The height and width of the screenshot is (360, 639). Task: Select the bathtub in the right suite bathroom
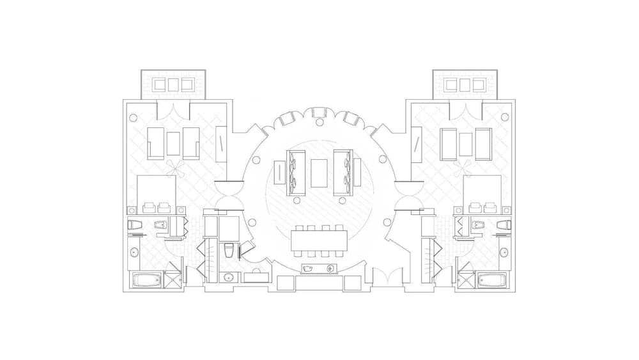[x=492, y=280]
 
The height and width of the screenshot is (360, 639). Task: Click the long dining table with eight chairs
[x=319, y=241]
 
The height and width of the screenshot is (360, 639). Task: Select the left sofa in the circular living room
[x=296, y=173]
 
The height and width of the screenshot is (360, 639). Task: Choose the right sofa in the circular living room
[x=343, y=173]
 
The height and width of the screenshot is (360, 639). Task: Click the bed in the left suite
[x=157, y=192]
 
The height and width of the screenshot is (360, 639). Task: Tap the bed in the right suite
[x=481, y=192]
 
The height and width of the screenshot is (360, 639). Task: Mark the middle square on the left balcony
[x=173, y=84]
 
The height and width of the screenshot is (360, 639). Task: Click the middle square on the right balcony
[x=465, y=84]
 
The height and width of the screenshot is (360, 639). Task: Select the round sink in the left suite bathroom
[x=134, y=252]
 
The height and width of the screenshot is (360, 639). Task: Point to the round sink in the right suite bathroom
[x=504, y=252]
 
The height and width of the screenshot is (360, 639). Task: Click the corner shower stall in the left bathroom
[x=173, y=280]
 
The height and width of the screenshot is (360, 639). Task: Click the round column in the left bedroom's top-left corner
[x=133, y=118]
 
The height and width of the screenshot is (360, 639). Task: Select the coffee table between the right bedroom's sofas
[x=465, y=145]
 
